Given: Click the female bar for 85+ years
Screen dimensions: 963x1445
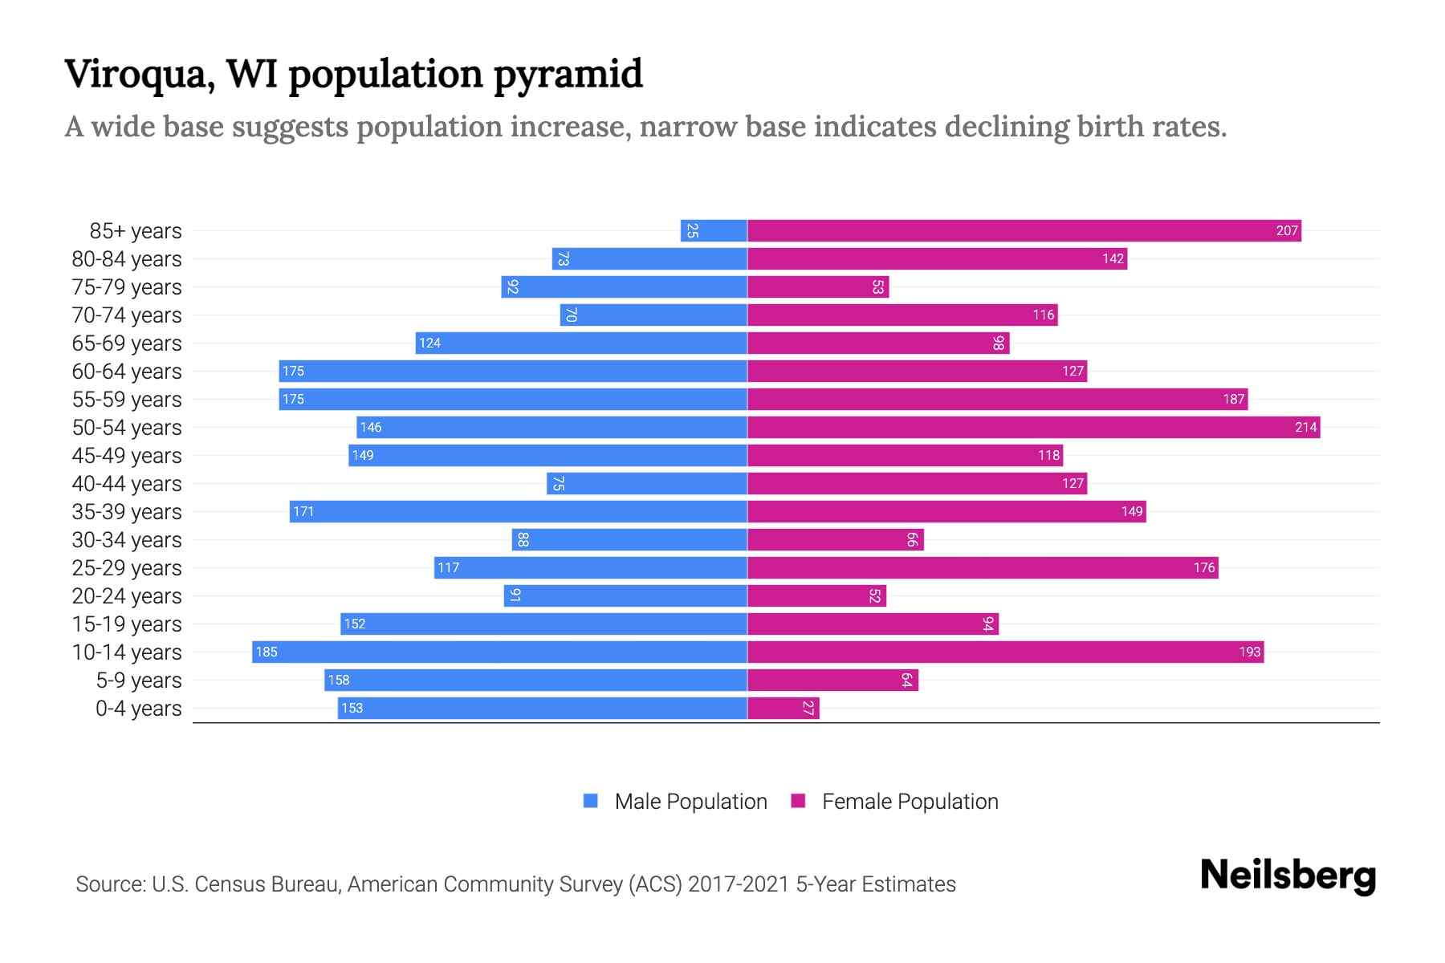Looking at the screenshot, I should coord(1024,231).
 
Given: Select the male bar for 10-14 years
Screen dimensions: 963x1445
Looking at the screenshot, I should coord(499,652).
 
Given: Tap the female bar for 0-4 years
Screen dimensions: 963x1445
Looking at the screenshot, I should coord(783,709).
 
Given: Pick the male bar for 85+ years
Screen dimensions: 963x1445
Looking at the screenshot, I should coord(714,231).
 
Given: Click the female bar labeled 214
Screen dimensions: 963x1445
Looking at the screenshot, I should coord(1033,428).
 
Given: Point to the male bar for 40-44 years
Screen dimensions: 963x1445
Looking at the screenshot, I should coord(647,484).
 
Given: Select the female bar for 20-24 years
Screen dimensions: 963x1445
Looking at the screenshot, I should coord(816,596).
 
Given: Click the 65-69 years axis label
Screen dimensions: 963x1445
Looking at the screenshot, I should coord(127,343).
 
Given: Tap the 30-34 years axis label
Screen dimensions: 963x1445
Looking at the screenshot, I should coord(127,540).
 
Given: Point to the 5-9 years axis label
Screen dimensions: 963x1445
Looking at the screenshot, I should coord(139,681).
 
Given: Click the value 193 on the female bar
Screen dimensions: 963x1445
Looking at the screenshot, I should coord(1249,652).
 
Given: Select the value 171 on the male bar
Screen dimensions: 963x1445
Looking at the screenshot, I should coord(303,512).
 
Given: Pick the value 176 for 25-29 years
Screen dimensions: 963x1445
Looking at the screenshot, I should coord(1203,568).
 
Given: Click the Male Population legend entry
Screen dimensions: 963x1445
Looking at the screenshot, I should coord(690,802).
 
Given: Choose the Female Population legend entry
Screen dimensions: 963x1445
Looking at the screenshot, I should coord(910,802).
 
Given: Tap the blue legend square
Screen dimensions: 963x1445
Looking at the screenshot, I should coord(591,801).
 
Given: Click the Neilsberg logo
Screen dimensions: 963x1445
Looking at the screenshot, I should coord(1288,876).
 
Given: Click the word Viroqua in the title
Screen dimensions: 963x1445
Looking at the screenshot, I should coord(138,75).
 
